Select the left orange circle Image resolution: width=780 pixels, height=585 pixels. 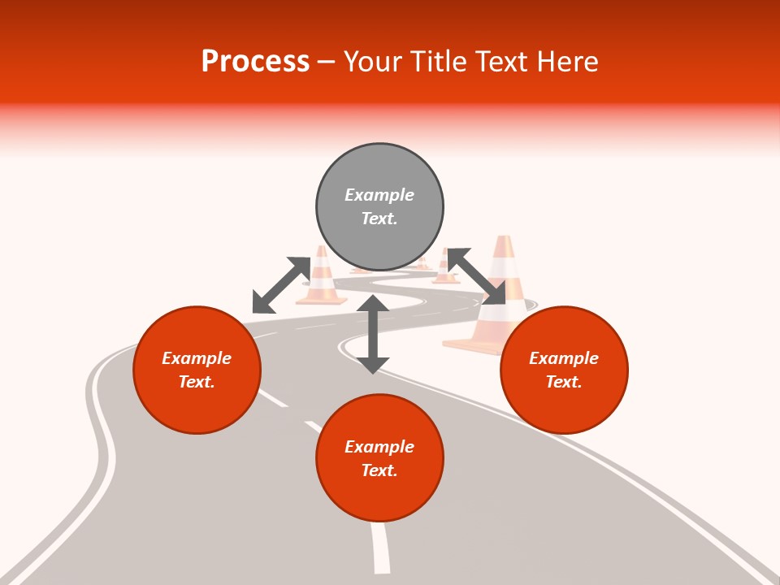tap(197, 370)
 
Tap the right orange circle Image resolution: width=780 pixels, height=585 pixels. tap(564, 370)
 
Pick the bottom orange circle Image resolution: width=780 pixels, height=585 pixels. tap(379, 458)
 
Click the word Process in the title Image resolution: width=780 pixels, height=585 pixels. tap(255, 62)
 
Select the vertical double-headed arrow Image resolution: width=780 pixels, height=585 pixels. tap(373, 334)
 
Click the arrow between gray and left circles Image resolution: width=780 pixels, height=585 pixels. tap(281, 284)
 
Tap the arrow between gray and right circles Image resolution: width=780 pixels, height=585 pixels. tap(477, 276)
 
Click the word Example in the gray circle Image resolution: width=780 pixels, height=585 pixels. tap(379, 195)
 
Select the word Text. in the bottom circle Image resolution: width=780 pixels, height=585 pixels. tap(379, 470)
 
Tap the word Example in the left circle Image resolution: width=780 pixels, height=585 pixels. tap(197, 358)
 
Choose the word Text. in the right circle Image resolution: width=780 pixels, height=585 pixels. tap(564, 382)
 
